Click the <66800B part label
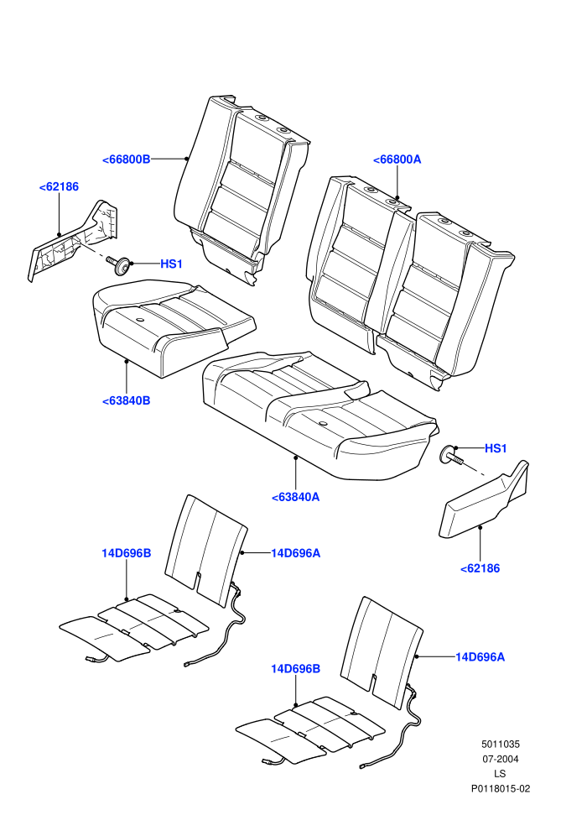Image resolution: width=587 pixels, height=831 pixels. (126, 159)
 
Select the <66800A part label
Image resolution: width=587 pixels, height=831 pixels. (397, 159)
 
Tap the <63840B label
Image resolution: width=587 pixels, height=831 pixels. (126, 400)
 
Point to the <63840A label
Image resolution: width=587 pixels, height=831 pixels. (295, 497)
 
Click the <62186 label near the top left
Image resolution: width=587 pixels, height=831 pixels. (59, 186)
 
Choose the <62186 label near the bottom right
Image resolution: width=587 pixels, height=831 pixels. (480, 568)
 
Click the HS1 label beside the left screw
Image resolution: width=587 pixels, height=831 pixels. (172, 264)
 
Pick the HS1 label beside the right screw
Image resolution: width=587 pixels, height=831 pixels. (496, 448)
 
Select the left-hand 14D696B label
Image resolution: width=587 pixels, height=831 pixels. (127, 553)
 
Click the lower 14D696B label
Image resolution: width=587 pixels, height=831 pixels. (296, 669)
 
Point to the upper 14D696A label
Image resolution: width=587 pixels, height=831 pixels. (296, 553)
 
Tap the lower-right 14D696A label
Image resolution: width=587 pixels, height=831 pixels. (480, 657)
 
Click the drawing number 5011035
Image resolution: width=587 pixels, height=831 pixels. (501, 744)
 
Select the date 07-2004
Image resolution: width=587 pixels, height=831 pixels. (501, 759)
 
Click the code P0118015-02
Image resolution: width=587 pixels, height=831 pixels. (501, 788)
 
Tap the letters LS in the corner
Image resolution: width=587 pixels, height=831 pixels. (500, 774)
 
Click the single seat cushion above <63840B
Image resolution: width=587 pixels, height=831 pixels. (172, 327)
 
